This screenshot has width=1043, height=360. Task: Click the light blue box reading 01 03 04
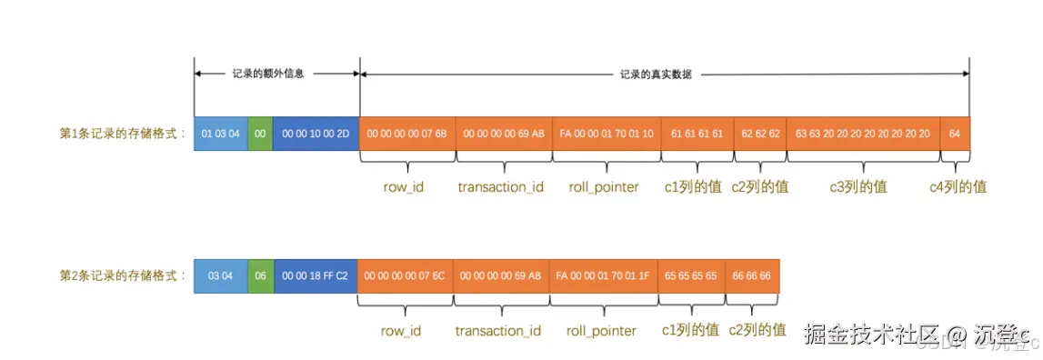tap(220, 134)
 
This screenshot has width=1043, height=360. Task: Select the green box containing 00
tap(260, 134)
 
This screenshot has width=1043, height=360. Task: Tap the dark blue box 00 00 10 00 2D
tap(316, 134)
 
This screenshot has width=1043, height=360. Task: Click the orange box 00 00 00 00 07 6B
tap(407, 134)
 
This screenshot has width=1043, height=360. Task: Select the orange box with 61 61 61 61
tap(697, 134)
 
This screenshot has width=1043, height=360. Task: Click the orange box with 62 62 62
tap(760, 134)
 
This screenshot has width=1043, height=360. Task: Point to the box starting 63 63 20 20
tap(863, 134)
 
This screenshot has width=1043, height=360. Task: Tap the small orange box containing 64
tap(955, 134)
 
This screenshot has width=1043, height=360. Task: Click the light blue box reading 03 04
tap(220, 275)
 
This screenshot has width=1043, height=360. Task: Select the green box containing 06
tap(260, 275)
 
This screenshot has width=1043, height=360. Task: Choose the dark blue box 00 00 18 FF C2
tap(316, 275)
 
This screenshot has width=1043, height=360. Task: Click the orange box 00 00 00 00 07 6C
tap(405, 275)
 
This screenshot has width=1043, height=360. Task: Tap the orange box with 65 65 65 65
tap(692, 275)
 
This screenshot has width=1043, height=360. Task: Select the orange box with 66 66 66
tap(752, 275)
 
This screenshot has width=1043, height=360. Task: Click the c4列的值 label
tap(958, 187)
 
